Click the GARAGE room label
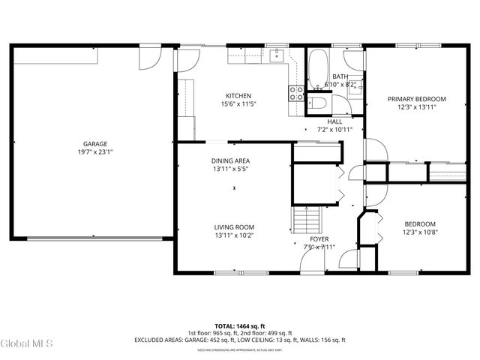(x=94, y=143)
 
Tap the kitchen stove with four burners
(x=296, y=93)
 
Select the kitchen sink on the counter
(x=277, y=54)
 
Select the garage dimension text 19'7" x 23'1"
(x=94, y=152)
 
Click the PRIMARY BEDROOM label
(x=416, y=99)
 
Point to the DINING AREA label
(x=230, y=161)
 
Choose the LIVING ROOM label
(x=234, y=227)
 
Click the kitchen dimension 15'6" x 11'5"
(x=238, y=104)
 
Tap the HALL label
(x=334, y=121)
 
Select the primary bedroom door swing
(x=375, y=152)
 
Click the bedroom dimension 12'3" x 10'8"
(x=415, y=232)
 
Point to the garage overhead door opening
(x=94, y=238)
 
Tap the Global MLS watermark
(x=27, y=343)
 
